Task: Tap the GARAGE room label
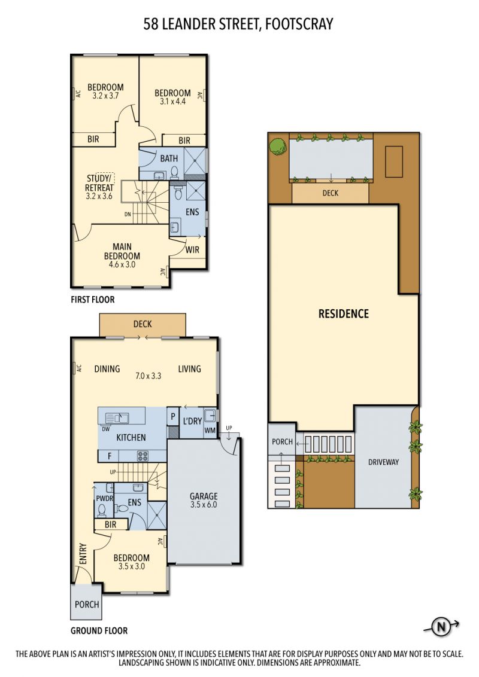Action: pyautogui.click(x=204, y=496)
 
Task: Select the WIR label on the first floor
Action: pyautogui.click(x=192, y=249)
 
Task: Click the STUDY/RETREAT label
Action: pyautogui.click(x=99, y=183)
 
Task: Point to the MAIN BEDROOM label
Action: pyautogui.click(x=122, y=251)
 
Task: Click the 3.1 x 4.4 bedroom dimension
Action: pyautogui.click(x=172, y=102)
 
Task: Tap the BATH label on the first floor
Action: pyautogui.click(x=169, y=158)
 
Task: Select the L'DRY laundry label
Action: pyautogui.click(x=192, y=420)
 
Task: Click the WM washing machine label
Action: pyautogui.click(x=210, y=430)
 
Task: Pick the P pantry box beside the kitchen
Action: pyautogui.click(x=173, y=417)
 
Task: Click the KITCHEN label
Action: pyautogui.click(x=131, y=437)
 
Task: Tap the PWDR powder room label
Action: pyautogui.click(x=104, y=498)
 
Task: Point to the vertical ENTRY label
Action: pyautogui.click(x=83, y=554)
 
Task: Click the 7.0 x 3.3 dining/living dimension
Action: pyautogui.click(x=148, y=376)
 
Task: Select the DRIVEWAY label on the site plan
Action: pyautogui.click(x=383, y=462)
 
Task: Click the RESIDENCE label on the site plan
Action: pyautogui.click(x=344, y=313)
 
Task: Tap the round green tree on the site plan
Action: pyautogui.click(x=278, y=145)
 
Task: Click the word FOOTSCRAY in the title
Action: pyautogui.click(x=299, y=24)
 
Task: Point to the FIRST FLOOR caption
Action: pyautogui.click(x=93, y=300)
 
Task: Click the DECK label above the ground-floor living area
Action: pyautogui.click(x=143, y=324)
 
